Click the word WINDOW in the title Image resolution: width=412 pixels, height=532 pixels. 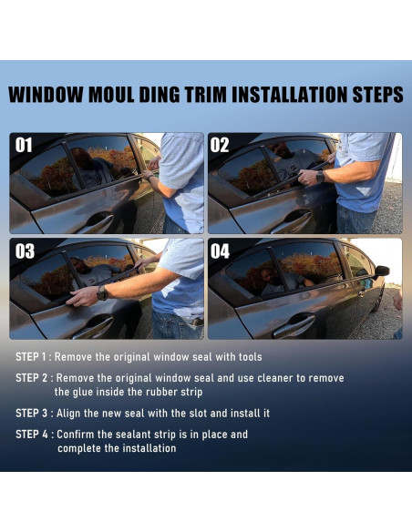pyautogui.click(x=46, y=95)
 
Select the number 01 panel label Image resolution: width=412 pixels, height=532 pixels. pyautogui.click(x=24, y=145)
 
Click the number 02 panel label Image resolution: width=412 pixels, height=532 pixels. pyautogui.click(x=220, y=145)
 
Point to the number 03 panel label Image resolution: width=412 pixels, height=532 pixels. pyautogui.click(x=25, y=251)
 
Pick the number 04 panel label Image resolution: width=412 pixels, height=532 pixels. pyautogui.click(x=220, y=251)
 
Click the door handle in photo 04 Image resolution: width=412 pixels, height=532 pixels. pyautogui.click(x=294, y=325)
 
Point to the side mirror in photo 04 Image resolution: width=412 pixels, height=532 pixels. pyautogui.click(x=381, y=271)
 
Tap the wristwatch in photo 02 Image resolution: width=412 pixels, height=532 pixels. pyautogui.click(x=320, y=177)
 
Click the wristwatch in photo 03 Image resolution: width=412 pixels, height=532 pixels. pyautogui.click(x=102, y=292)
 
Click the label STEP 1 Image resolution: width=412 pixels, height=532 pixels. pyautogui.click(x=31, y=357)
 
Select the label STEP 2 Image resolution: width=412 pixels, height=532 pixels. pyautogui.click(x=32, y=378)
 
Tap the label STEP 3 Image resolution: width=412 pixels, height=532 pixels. pyautogui.click(x=32, y=414)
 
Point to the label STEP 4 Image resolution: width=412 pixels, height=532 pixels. pyautogui.click(x=32, y=435)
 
